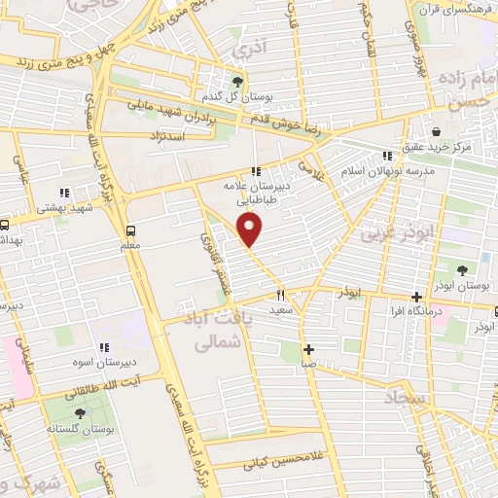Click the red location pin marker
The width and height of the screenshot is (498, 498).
pos(252,230)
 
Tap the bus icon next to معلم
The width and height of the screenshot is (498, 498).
pos(130,231)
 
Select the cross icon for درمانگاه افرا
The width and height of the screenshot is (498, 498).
pos(417,297)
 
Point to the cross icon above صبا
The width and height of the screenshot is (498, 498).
pos(307,349)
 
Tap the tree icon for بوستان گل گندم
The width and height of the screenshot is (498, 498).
pos(238,81)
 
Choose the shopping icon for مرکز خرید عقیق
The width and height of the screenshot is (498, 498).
pos(435,130)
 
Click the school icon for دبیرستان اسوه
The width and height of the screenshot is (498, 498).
pos(103,347)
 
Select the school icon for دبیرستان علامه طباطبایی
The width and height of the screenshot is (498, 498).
pos(256,171)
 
